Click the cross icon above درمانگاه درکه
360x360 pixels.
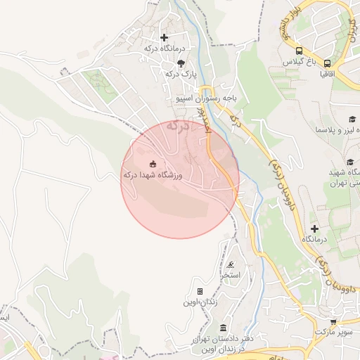point(165,37)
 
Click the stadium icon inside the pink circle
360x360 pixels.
point(153,164)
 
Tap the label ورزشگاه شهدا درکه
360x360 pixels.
point(153,175)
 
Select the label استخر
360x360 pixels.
point(231,276)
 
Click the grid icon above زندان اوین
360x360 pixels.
point(200,291)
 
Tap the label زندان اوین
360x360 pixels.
point(201,302)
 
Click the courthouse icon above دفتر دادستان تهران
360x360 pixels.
point(223,328)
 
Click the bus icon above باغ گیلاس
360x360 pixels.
point(299,51)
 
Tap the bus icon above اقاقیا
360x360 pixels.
point(327,63)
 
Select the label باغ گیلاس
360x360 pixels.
point(297,63)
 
